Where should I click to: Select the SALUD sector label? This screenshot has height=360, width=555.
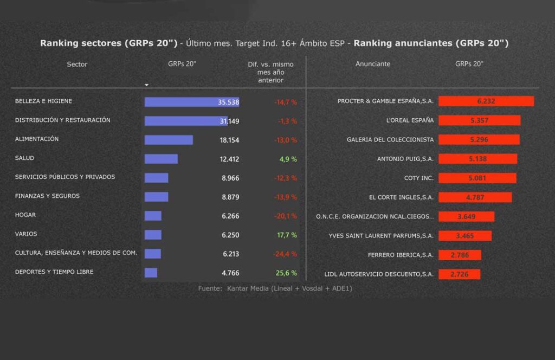pos(25,158)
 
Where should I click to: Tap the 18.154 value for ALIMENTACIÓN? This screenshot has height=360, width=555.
pos(229,140)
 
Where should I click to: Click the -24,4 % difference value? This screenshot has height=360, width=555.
pos(285,254)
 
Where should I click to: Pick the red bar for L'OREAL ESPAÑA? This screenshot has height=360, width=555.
pos(479,120)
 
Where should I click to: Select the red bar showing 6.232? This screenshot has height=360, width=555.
pos(486,101)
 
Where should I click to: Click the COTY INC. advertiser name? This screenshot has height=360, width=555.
pos(419,177)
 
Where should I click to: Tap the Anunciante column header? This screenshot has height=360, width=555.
pos(373,64)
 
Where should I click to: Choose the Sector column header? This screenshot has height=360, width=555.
pos(77,64)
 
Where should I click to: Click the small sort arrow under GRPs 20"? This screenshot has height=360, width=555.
pos(146,85)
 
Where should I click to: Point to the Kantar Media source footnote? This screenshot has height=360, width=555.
pos(275,288)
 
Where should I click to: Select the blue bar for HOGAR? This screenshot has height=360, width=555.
pos(153,216)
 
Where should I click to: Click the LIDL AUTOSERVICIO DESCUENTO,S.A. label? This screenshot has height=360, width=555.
pos(379,274)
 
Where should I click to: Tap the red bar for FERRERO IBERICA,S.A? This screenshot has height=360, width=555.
pos(459,255)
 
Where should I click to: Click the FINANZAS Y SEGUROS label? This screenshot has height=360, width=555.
pos(47,196)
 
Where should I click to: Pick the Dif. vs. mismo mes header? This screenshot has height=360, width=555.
pos(270,72)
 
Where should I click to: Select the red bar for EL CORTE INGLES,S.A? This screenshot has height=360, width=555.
pos(475,197)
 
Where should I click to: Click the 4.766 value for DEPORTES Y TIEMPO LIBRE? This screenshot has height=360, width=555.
pos(230,273)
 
